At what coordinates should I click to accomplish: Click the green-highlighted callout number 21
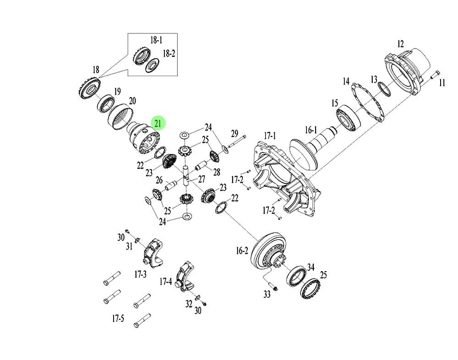(158, 123)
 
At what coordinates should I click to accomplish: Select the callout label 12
(400, 44)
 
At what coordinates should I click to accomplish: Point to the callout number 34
(311, 267)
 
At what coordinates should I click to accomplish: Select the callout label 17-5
(118, 318)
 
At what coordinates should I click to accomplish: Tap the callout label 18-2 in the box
(169, 54)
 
